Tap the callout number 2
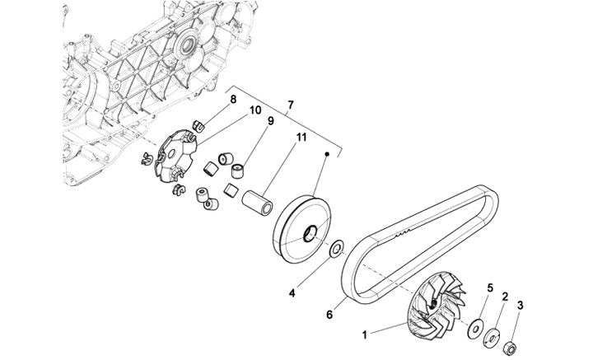pos(504,293)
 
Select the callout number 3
pos(519,305)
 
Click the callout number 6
pos(330,314)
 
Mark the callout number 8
pos(233,100)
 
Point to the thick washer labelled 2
pos(493,336)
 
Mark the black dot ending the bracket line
pos(328,153)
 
